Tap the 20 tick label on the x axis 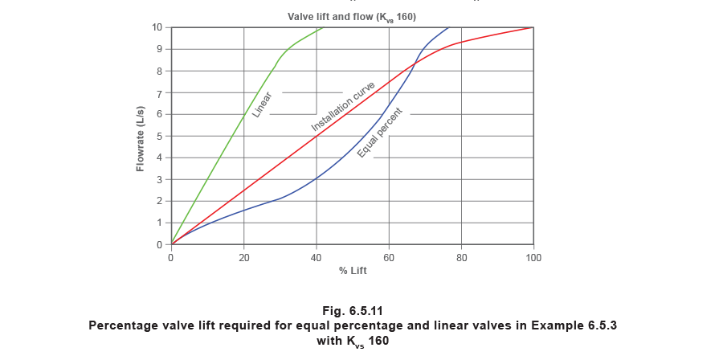point(243,258)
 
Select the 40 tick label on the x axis point(317,258)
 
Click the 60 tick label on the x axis point(389,258)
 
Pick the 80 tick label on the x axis point(461,258)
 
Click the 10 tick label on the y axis point(159,28)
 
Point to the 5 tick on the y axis point(160,136)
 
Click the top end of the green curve point(323,27)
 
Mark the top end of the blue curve point(447,28)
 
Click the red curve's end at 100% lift point(529,28)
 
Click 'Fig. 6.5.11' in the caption point(353,309)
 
